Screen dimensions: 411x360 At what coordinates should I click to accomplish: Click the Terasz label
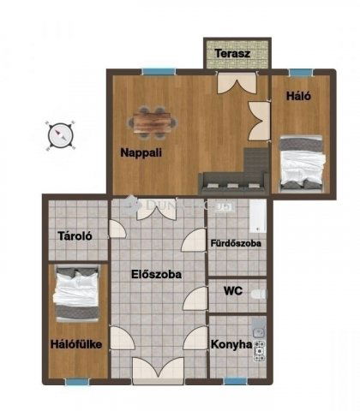(232, 53)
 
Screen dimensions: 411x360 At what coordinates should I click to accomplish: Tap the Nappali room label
(141, 153)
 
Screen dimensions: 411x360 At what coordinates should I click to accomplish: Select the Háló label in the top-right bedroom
(298, 97)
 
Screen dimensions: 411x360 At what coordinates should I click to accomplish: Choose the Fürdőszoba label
(236, 244)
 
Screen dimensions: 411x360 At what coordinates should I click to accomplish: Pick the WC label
(233, 291)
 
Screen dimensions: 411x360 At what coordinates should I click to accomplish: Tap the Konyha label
(231, 345)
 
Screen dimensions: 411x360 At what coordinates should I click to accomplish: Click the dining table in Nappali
(153, 122)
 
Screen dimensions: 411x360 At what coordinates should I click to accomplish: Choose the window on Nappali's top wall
(159, 71)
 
